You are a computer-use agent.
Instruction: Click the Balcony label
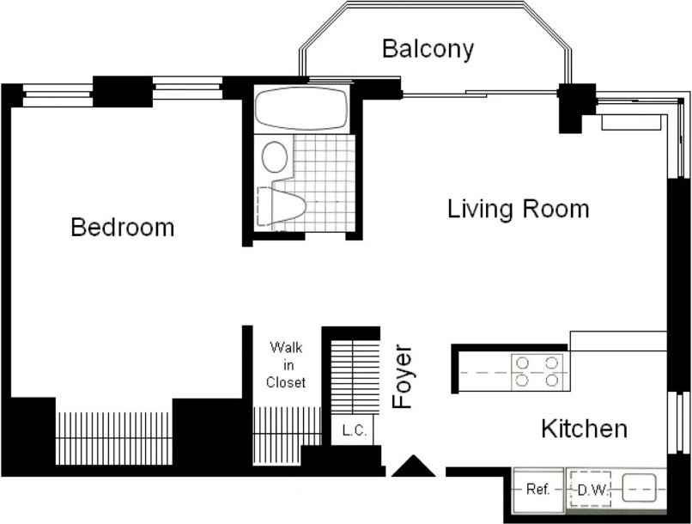click(428, 49)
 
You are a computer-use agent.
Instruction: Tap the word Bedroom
click(123, 228)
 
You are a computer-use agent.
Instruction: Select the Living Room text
click(519, 209)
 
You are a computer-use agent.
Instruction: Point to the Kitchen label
click(585, 429)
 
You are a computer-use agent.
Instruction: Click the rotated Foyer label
click(403, 376)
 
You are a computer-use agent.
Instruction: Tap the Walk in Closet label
click(286, 364)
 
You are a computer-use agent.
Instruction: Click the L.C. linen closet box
click(353, 430)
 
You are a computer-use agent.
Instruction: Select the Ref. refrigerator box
click(538, 490)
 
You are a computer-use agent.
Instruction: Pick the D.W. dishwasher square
click(591, 490)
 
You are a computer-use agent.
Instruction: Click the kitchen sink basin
click(639, 488)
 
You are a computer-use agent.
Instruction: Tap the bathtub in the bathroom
click(301, 108)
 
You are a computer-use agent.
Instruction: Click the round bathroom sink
click(275, 156)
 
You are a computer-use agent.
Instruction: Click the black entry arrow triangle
click(413, 467)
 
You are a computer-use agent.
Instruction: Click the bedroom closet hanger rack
click(114, 438)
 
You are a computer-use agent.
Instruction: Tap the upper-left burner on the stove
click(523, 363)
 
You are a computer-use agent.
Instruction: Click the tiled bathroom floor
click(325, 183)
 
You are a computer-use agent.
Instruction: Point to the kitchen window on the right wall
click(679, 422)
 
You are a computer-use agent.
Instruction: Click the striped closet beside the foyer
click(355, 377)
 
